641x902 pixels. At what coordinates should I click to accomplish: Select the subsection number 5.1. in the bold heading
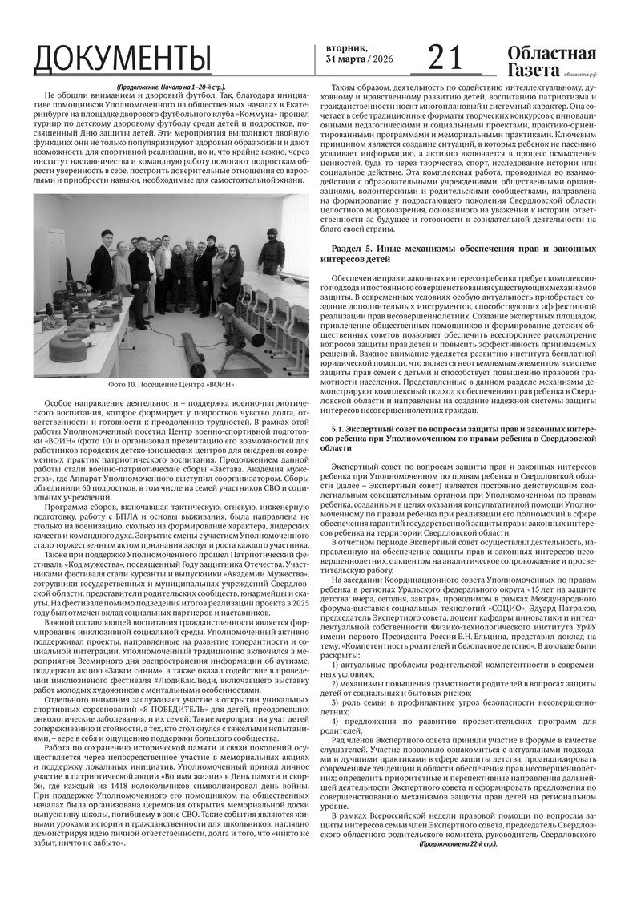(x=338, y=430)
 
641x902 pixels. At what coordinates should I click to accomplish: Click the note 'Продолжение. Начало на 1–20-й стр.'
(x=171, y=86)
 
